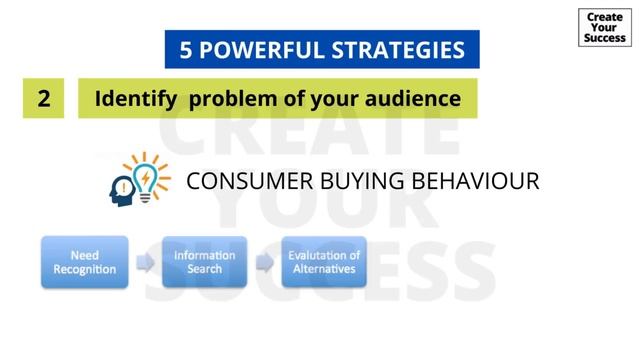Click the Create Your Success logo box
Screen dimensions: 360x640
pyautogui.click(x=605, y=27)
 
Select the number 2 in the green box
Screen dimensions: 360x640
pyautogui.click(x=44, y=99)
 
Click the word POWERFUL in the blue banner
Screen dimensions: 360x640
pyautogui.click(x=264, y=50)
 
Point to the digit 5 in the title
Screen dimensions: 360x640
pyautogui.click(x=186, y=50)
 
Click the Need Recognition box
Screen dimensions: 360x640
pyautogui.click(x=85, y=262)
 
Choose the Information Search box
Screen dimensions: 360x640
pyautogui.click(x=204, y=262)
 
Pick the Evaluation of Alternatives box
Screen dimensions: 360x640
pyautogui.click(x=324, y=262)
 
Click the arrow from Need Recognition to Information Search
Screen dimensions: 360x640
pyautogui.click(x=145, y=263)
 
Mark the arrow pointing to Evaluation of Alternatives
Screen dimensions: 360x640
pyautogui.click(x=264, y=263)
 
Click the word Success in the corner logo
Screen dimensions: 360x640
pyautogui.click(x=605, y=39)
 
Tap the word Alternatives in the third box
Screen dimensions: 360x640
pyautogui.click(x=324, y=269)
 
